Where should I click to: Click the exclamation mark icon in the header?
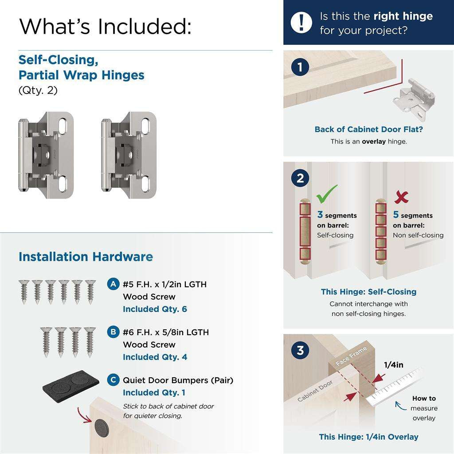coord(301,22)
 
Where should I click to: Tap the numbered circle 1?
coord(300,67)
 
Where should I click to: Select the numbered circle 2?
coord(300,178)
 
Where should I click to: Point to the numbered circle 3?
coord(300,351)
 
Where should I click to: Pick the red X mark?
coord(401,196)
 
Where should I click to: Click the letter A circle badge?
coord(113,284)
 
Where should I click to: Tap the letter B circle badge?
coord(113,332)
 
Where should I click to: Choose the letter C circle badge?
coord(113,380)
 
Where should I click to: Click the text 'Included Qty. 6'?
coord(155,309)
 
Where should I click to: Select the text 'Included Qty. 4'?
coord(155,357)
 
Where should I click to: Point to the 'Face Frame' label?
coord(351,356)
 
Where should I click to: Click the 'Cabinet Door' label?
coord(315,391)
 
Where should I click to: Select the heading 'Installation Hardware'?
coord(86,257)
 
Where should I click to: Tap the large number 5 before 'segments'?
coord(396,215)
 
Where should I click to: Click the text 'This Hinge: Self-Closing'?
coord(368,292)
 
